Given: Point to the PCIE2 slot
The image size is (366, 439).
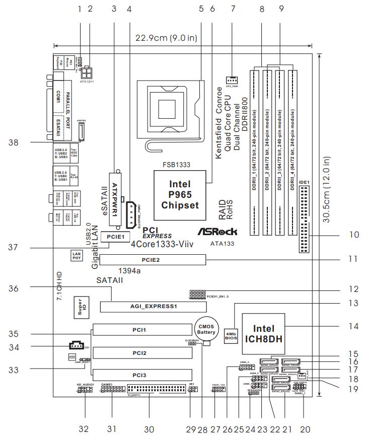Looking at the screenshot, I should tap(153, 260).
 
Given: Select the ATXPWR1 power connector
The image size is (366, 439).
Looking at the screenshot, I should tap(115, 198).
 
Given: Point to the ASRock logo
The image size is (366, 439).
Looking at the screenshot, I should tap(216, 232).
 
